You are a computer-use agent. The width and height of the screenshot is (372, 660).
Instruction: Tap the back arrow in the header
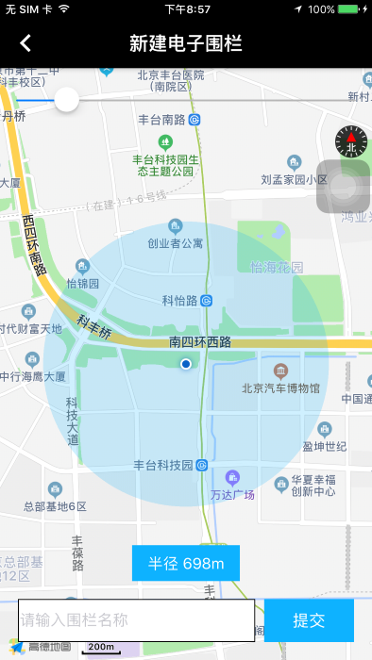point(25,43)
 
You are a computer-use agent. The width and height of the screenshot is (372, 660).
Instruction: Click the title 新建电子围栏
point(185,43)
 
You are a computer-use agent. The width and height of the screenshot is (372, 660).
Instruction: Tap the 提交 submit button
point(309,620)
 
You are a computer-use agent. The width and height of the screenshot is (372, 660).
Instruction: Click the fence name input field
point(136,620)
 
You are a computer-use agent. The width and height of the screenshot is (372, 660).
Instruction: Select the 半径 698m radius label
point(186,564)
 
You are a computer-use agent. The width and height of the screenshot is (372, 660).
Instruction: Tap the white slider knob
point(66,99)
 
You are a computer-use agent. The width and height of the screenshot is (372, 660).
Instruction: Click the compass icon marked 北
point(350,141)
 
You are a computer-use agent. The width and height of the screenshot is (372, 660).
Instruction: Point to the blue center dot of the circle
point(186,363)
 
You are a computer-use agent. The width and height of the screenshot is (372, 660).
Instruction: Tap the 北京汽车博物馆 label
point(280,388)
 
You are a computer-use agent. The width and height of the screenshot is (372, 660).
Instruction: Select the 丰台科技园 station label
point(162,465)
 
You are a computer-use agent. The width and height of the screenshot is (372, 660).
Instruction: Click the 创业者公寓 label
point(176,243)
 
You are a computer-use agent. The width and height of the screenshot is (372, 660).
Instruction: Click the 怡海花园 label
point(278,268)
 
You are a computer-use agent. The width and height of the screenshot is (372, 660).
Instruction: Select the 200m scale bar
point(101,647)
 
